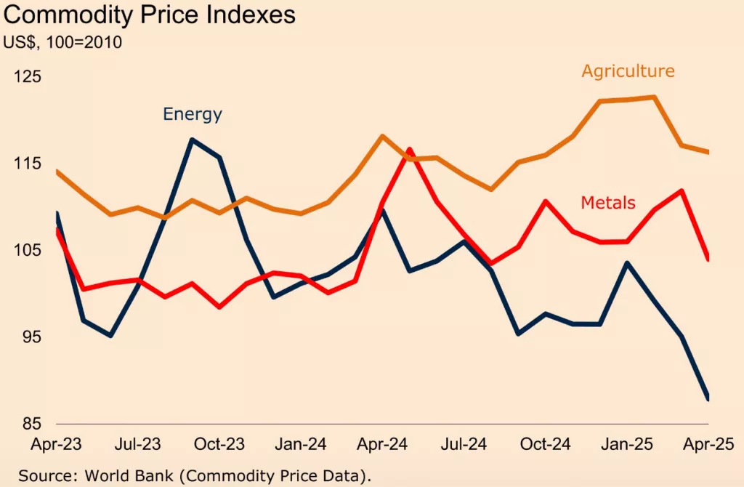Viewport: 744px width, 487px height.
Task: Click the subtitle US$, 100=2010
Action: click(62, 42)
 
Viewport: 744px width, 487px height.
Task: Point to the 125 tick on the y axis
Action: click(27, 77)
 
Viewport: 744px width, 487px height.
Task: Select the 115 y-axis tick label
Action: click(27, 164)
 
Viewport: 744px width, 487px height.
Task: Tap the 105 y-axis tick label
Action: click(27, 250)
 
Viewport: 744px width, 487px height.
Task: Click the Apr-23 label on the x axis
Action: click(57, 443)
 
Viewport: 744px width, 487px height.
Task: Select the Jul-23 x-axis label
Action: click(139, 443)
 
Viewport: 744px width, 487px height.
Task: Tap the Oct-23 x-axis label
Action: click(220, 443)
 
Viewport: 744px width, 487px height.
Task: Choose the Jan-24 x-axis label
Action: click(302, 443)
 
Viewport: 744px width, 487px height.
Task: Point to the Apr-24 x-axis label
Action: click(383, 443)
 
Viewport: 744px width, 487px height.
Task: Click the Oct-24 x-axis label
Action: click(546, 443)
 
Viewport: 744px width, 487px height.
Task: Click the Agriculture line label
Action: click(628, 71)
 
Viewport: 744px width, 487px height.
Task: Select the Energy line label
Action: click(192, 114)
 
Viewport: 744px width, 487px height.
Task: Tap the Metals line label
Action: click(608, 203)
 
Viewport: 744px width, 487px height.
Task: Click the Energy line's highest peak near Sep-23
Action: click(192, 140)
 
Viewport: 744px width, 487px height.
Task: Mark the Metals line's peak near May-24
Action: click(410, 150)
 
